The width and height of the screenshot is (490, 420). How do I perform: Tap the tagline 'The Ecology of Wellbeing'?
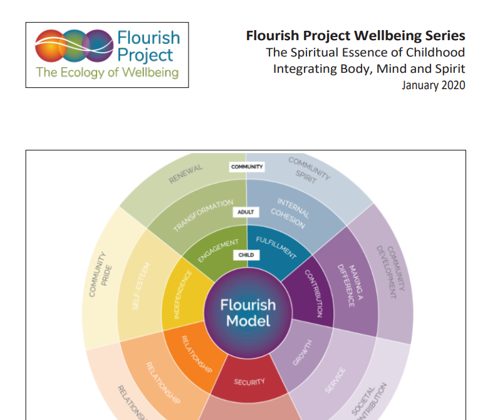[107, 72]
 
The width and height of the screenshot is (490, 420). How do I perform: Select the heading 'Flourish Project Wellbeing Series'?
[355, 35]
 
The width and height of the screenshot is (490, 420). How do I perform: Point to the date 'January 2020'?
[433, 85]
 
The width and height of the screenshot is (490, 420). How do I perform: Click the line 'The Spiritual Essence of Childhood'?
[365, 52]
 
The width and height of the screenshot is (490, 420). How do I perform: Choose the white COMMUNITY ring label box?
[246, 167]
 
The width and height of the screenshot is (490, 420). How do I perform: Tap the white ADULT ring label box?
[246, 212]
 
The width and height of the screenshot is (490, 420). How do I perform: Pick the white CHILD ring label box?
[246, 256]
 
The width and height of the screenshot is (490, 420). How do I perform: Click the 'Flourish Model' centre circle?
[248, 312]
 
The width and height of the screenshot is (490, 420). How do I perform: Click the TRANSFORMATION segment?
[201, 216]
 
